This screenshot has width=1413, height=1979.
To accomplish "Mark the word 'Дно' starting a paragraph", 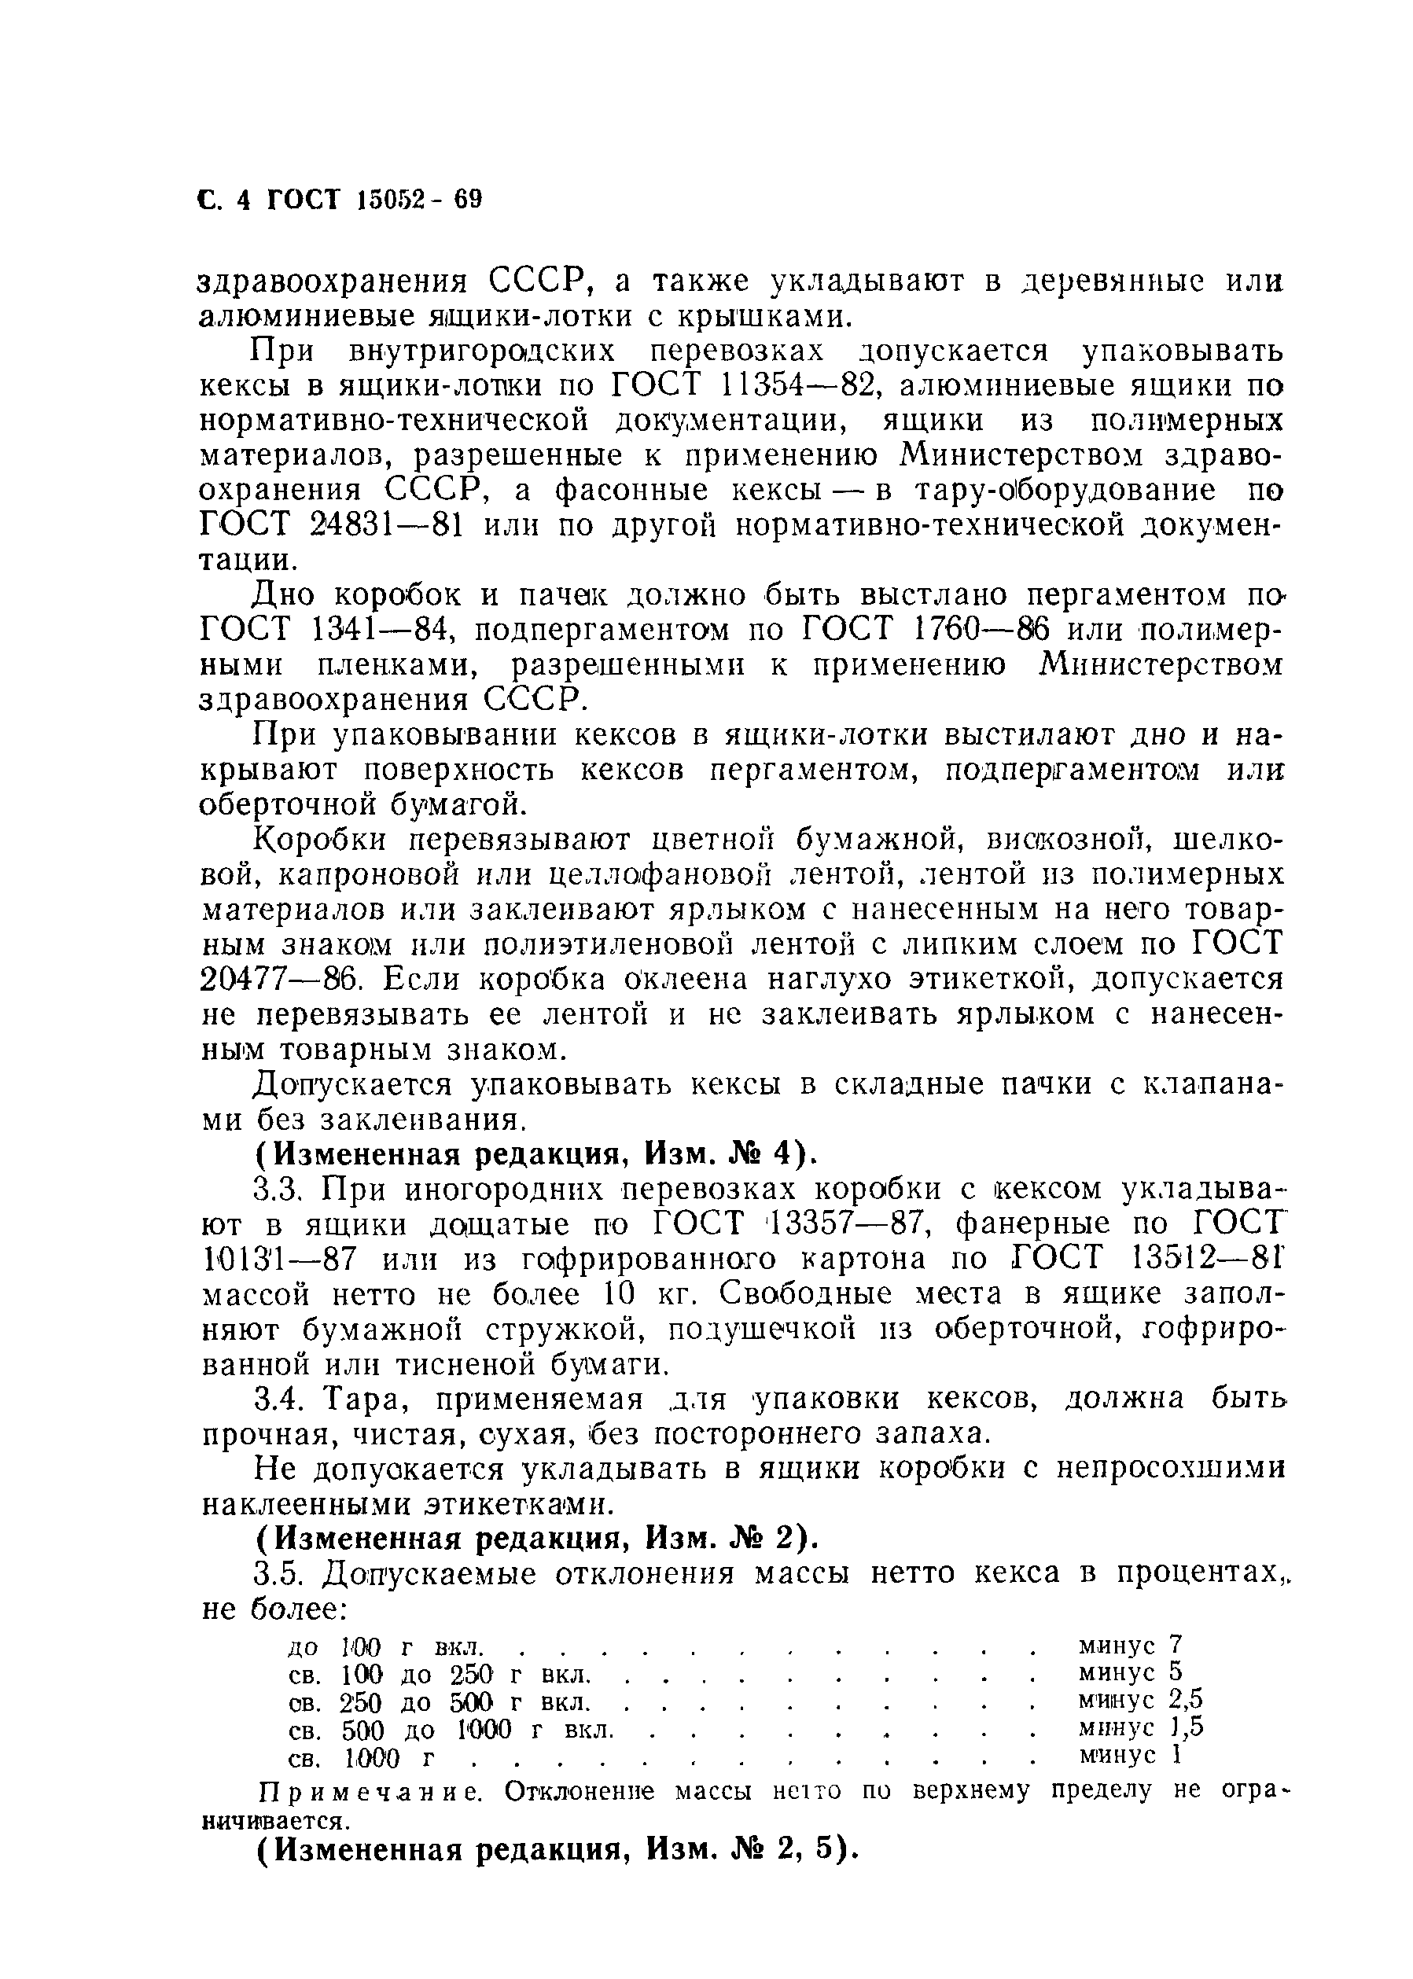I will click(x=284, y=596).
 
